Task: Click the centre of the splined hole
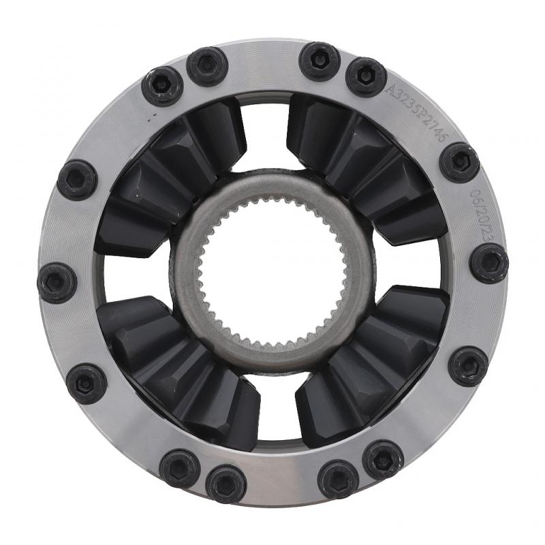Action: tap(272, 272)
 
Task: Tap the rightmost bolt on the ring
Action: tap(489, 263)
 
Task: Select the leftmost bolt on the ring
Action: tap(57, 282)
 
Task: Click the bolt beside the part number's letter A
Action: tap(366, 76)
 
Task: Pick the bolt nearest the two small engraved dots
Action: tap(162, 86)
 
